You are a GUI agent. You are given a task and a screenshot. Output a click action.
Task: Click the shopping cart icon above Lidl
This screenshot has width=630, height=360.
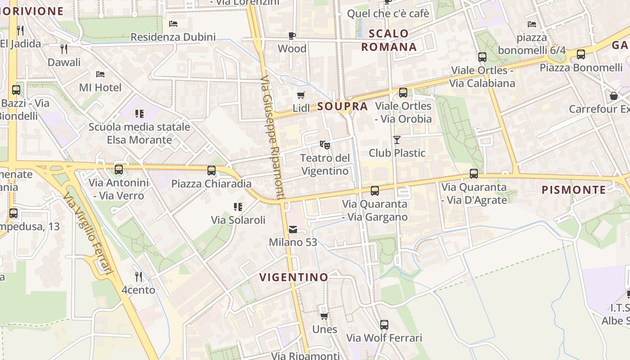[x=301, y=95]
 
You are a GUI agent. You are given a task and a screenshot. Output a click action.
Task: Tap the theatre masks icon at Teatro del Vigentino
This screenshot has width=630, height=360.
[x=324, y=144]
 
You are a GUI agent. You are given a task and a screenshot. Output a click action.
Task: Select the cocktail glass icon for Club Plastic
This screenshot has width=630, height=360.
[x=396, y=140]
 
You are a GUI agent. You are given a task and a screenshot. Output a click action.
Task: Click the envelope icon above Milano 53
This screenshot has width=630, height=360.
[x=293, y=229]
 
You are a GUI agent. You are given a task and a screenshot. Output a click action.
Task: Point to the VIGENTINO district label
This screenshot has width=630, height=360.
[x=294, y=277]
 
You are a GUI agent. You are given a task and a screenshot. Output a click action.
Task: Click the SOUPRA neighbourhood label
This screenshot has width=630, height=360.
[x=342, y=107]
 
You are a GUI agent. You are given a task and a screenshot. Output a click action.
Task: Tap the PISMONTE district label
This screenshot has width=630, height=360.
[x=574, y=190]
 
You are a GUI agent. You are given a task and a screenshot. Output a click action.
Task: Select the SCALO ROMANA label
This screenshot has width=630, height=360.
[x=389, y=40]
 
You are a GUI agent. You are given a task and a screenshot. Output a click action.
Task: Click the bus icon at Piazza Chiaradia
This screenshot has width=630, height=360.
[x=211, y=171]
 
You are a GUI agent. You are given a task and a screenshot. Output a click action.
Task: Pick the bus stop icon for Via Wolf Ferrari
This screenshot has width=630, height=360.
[x=384, y=324]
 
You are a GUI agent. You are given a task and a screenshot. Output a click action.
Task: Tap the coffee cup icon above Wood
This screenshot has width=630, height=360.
[x=292, y=36]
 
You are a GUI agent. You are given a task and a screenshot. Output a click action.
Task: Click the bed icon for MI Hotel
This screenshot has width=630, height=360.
[x=100, y=74]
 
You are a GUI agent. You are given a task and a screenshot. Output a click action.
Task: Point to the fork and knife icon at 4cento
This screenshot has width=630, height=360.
[x=139, y=276]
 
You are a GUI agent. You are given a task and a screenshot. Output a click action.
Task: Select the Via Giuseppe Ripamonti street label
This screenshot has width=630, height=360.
[x=273, y=137]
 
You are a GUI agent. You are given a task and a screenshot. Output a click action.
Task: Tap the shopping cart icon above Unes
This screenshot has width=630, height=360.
[x=324, y=316]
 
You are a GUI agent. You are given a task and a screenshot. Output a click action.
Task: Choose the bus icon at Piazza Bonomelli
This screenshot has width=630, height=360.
[x=580, y=54]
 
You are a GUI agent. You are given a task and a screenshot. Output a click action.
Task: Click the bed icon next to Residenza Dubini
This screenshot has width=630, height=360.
[x=173, y=24]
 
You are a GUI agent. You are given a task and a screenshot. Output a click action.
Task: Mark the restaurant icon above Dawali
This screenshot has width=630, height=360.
[x=64, y=49]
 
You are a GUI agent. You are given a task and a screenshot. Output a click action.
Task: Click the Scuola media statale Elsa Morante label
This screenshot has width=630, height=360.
[x=139, y=133]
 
